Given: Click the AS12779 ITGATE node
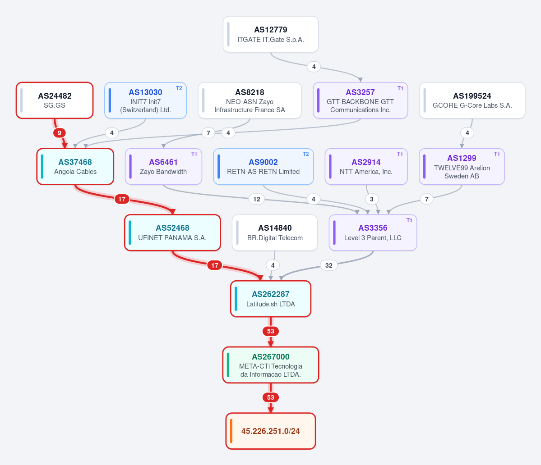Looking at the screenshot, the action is point(271,34).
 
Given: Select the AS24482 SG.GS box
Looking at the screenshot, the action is point(55,100).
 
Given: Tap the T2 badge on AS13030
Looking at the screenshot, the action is point(179,88).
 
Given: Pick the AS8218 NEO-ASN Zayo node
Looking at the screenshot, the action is point(250,100).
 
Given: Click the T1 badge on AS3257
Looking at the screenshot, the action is point(400,88).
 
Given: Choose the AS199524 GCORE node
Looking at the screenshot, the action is point(472,100).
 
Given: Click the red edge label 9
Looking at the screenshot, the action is point(60,133).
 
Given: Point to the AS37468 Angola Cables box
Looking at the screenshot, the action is point(75,166).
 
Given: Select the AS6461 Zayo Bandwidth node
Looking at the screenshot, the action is point(163,166).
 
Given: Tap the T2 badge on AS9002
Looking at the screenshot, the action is point(305,154).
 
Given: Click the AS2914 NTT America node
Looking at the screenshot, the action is point(366,166).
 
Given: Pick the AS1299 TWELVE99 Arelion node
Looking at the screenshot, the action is point(462,166).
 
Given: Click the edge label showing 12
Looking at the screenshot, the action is point(257,199).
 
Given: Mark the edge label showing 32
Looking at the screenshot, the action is point(329,265).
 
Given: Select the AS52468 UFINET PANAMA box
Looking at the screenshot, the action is point(172,232).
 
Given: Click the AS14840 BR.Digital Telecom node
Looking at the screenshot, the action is point(275,232).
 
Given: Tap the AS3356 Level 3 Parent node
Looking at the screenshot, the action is point(373,232).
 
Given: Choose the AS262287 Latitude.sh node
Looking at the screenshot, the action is point(271,299).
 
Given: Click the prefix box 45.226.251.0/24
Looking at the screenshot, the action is point(271,431).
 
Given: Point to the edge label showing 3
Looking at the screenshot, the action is point(372,199).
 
